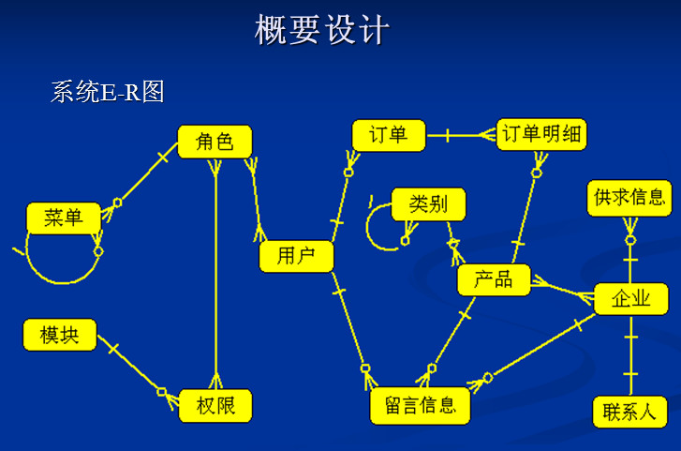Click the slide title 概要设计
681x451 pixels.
(x=321, y=30)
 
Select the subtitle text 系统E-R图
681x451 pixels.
(x=108, y=92)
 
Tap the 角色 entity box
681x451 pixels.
(x=215, y=142)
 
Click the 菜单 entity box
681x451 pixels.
(x=63, y=218)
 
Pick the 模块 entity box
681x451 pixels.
(x=59, y=335)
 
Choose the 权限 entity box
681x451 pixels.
(x=215, y=405)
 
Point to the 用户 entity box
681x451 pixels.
(x=296, y=256)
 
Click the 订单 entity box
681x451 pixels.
(x=388, y=135)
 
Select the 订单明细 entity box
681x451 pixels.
(x=540, y=134)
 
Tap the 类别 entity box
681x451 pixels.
(x=428, y=203)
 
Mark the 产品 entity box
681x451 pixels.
(x=494, y=279)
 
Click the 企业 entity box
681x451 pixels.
(x=630, y=299)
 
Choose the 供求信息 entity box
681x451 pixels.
(x=629, y=197)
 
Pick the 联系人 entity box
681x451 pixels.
(x=629, y=411)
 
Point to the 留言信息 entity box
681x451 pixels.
(x=420, y=406)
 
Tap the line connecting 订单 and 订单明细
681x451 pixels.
(x=459, y=135)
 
